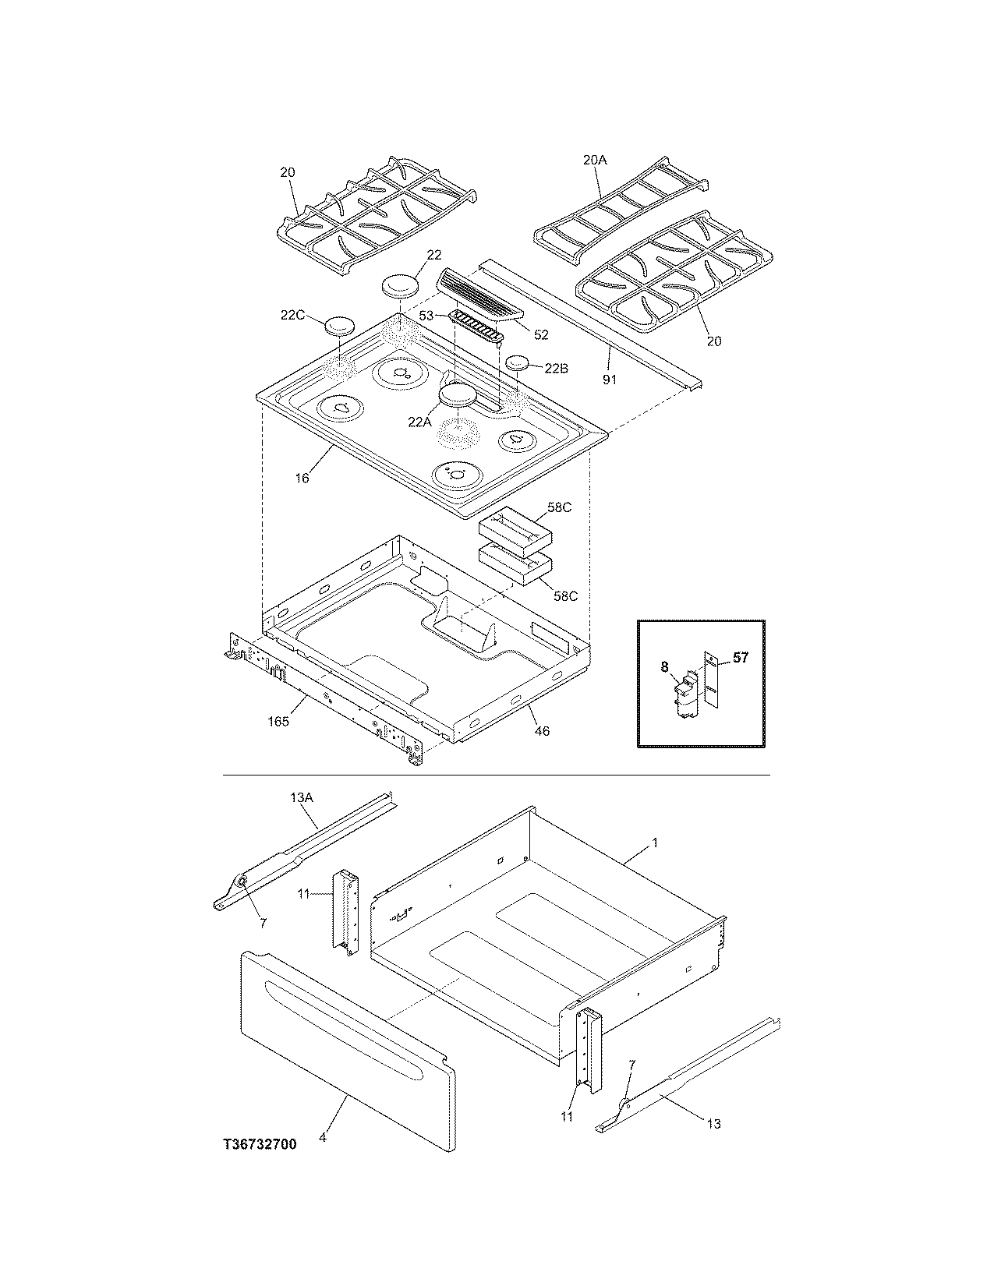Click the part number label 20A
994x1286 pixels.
coord(594,160)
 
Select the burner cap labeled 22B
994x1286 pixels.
coord(518,362)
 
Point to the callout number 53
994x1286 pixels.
coord(427,316)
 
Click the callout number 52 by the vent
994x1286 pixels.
coord(541,335)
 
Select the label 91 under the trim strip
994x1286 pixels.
coord(610,380)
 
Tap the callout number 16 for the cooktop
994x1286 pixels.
coord(302,478)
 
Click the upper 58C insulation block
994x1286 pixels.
coord(515,526)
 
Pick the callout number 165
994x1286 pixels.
coord(278,721)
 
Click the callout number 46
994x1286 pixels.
coord(542,731)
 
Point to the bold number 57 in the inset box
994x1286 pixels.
coord(740,658)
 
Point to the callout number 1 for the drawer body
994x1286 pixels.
coord(655,843)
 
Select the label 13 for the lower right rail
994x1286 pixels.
coord(713,1123)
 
